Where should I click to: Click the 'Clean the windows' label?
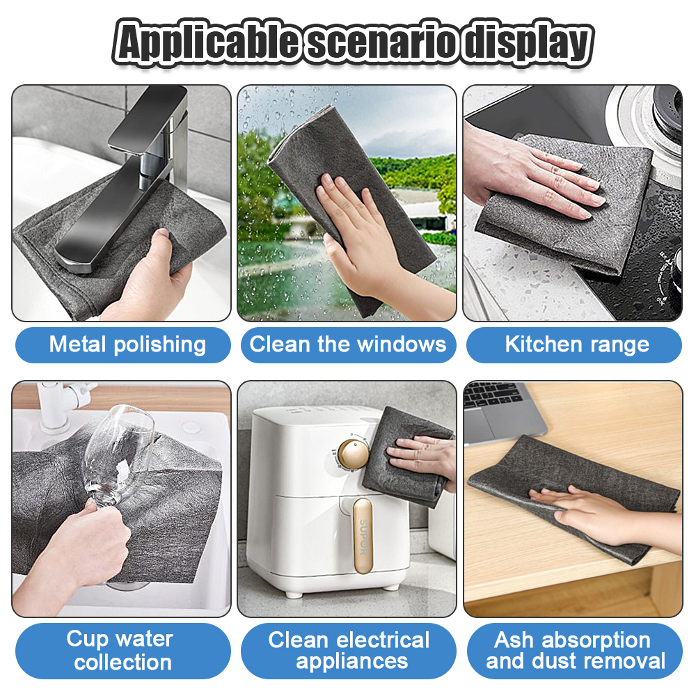348,345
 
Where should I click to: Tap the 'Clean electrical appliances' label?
348,651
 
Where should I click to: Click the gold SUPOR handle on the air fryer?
361,529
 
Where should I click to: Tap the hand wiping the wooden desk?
592,512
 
